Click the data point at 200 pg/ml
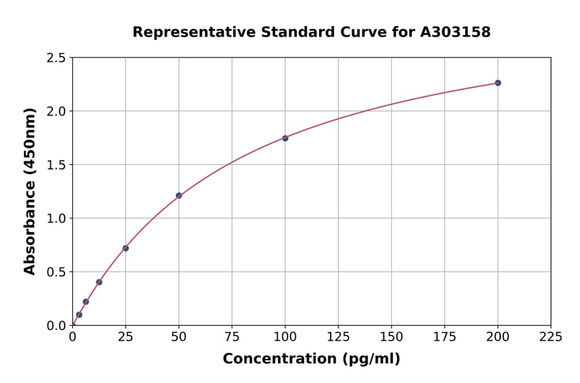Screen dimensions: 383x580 click(x=498, y=83)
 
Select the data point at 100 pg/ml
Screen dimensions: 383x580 click(x=285, y=138)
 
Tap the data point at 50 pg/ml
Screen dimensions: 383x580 click(x=179, y=195)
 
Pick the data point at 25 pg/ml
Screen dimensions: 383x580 click(x=126, y=248)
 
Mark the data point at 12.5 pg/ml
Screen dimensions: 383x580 click(x=99, y=282)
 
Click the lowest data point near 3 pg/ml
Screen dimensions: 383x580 click(x=79, y=315)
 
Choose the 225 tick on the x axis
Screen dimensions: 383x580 click(x=551, y=337)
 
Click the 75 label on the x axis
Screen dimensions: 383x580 click(x=232, y=337)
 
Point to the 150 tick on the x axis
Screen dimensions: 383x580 click(x=391, y=337)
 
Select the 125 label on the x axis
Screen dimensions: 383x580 click(x=338, y=337)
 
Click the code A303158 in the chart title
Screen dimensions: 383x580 click(x=456, y=32)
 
